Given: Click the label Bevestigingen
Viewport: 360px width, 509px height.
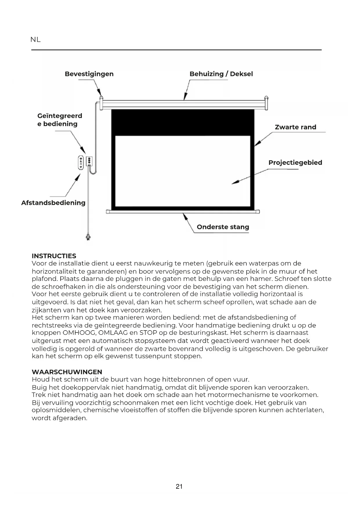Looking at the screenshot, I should pyautogui.click(x=89, y=74).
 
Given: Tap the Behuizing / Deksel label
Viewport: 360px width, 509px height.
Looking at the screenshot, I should pyautogui.click(x=221, y=74).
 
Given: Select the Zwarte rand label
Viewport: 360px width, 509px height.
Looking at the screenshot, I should pyautogui.click(x=295, y=127).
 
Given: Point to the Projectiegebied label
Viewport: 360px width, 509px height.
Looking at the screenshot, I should pyautogui.click(x=295, y=163).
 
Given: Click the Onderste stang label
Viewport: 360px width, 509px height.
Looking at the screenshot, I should pyautogui.click(x=223, y=227).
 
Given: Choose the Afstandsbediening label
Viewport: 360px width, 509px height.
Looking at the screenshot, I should pyautogui.click(x=53, y=203).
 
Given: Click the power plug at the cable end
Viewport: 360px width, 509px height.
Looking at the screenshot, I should pyautogui.click(x=88, y=237).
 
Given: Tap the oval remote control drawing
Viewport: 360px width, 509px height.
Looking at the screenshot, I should pyautogui.click(x=80, y=163).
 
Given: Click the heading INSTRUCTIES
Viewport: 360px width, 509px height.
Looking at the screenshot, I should pyautogui.click(x=54, y=256).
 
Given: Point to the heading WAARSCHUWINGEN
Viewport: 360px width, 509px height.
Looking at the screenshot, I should pyautogui.click(x=67, y=372).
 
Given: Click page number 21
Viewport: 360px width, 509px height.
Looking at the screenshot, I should pyautogui.click(x=179, y=487).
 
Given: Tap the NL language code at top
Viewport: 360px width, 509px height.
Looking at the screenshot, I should pyautogui.click(x=35, y=40).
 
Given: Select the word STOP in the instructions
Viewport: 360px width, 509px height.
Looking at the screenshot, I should pyautogui.click(x=148, y=333).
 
